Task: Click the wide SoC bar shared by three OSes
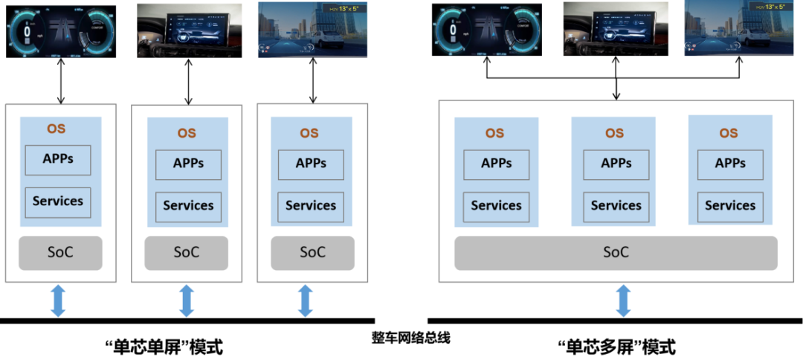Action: pos(616,253)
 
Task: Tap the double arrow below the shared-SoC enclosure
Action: pos(623,301)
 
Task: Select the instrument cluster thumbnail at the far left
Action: pos(61,30)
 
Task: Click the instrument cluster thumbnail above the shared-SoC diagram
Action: pos(486,29)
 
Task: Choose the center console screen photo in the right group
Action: pos(616,29)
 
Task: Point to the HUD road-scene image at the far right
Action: pos(743,29)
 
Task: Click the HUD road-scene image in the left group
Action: pos(312,29)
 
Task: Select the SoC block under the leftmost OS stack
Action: pos(60,252)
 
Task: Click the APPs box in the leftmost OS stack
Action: pos(58,159)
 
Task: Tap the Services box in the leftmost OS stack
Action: pos(58,202)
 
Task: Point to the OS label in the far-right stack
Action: pos(729,133)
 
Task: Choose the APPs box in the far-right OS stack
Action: pos(730,164)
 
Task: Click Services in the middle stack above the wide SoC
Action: pos(616,206)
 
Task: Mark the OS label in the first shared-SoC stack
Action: pos(494,133)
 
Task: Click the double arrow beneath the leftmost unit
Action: pos(58,301)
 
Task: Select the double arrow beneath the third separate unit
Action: pos(305,301)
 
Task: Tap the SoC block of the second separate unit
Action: pos(187,252)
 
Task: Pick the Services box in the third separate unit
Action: pos(312,206)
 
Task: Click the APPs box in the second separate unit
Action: pos(188,164)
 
